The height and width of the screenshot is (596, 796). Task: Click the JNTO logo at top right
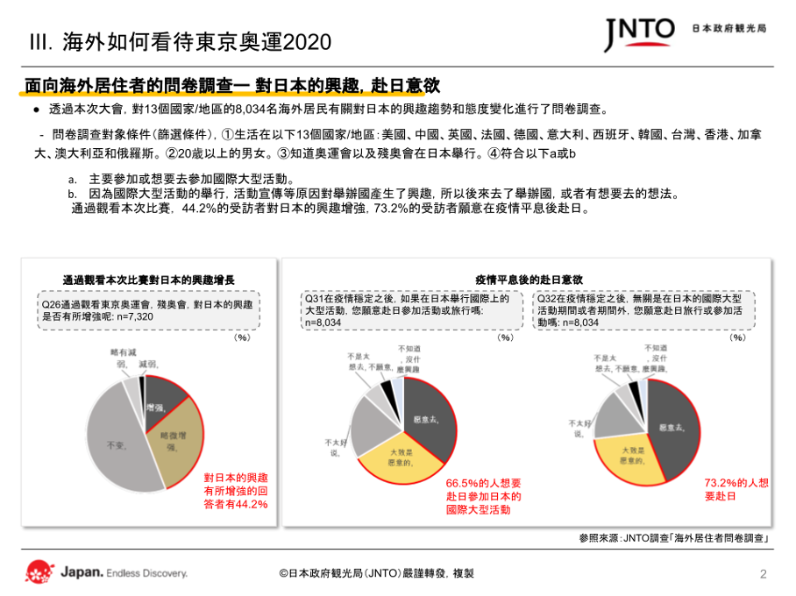pos(639,33)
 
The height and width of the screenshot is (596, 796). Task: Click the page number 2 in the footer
pos(762,574)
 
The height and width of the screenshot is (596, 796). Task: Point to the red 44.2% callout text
pos(235,491)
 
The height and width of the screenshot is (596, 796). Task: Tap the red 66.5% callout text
pos(484,495)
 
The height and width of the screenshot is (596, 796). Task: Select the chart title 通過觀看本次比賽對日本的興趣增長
pos(148,279)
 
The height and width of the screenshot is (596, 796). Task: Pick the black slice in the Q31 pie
pos(386,389)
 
